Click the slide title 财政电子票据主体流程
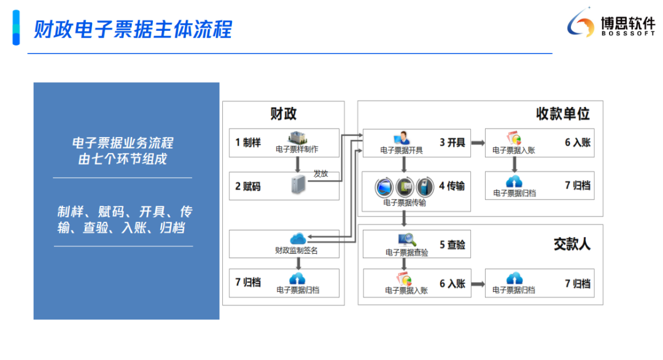(x=133, y=29)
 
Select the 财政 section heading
(x=283, y=114)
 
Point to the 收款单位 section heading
(x=562, y=114)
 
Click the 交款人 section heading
(x=572, y=244)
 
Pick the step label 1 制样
(x=248, y=143)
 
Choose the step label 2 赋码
(x=248, y=186)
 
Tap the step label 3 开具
(x=452, y=143)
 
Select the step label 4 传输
(x=452, y=186)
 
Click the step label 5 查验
(x=452, y=245)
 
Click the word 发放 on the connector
(x=320, y=174)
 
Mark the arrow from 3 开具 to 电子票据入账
(x=475, y=143)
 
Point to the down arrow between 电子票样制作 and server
(x=297, y=163)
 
